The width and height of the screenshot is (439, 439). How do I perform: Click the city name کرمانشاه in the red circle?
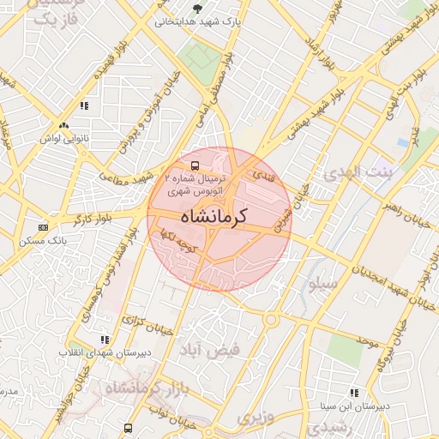(214, 215)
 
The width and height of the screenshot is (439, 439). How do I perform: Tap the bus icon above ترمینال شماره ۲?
(195, 165)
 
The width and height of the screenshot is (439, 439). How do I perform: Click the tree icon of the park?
(198, 9)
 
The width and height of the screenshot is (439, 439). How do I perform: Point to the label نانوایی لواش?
(63, 137)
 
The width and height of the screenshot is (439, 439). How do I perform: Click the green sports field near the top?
(199, 59)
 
